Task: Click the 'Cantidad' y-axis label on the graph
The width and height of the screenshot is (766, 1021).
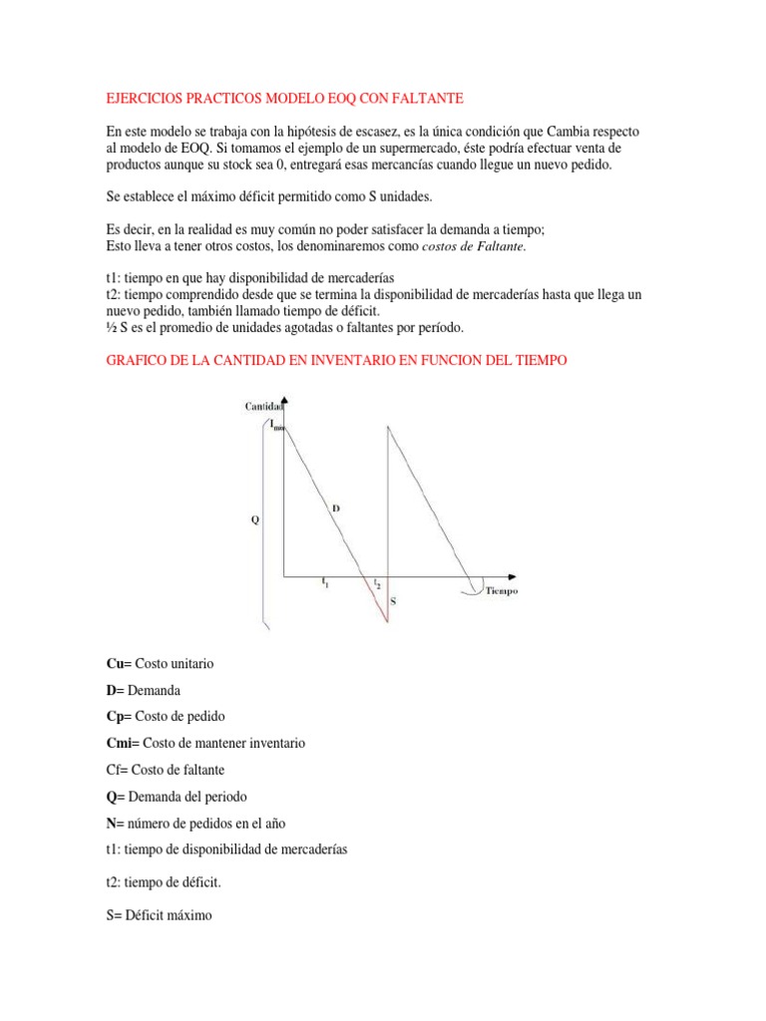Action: click(x=264, y=406)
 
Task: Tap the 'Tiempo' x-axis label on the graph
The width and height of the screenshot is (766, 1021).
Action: click(x=502, y=591)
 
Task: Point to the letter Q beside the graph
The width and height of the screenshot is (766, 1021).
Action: click(x=254, y=518)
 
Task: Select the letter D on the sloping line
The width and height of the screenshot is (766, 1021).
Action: click(x=336, y=509)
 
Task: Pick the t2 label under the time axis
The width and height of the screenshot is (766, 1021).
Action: click(x=376, y=583)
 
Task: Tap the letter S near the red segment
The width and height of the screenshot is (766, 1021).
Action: click(x=393, y=601)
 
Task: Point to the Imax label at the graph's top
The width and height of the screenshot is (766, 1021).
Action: click(x=277, y=425)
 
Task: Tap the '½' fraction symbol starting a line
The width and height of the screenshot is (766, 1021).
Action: click(x=110, y=328)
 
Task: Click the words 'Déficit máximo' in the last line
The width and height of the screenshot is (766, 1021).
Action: click(x=166, y=914)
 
